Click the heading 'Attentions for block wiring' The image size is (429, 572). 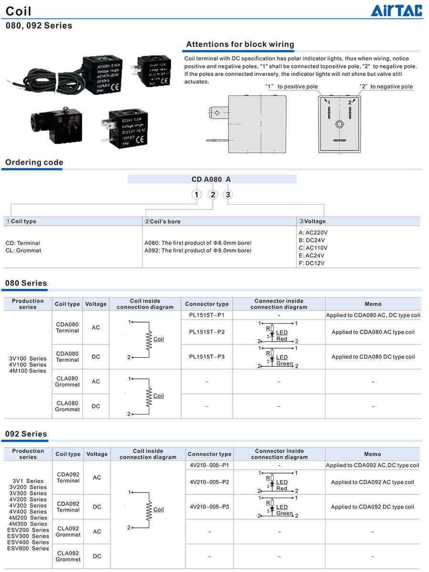(240, 44)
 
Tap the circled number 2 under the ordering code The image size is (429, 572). (213, 194)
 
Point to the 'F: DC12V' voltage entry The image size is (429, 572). (312, 263)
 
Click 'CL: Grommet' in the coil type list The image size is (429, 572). (23, 250)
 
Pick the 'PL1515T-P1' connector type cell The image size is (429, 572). (206, 315)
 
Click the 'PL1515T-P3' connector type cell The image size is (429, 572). (206, 357)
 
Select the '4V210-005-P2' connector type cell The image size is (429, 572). (209, 482)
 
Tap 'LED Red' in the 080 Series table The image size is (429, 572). (282, 336)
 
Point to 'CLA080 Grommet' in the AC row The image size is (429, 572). (67, 382)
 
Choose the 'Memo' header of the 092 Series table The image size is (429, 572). (372, 454)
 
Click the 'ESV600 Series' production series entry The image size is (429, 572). (28, 548)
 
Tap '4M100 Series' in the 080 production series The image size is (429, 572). (28, 371)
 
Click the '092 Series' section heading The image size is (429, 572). (26, 434)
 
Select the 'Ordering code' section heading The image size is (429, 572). (34, 162)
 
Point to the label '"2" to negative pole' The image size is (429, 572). (386, 87)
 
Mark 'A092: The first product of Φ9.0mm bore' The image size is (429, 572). (198, 250)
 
